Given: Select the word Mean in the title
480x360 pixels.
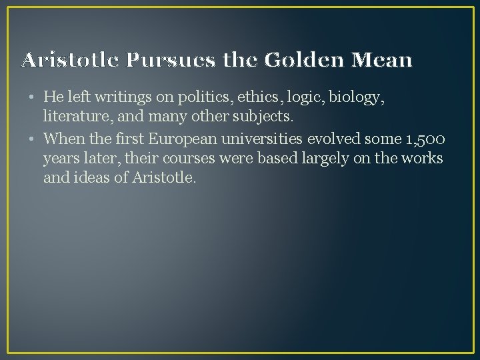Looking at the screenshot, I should [x=385, y=61].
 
